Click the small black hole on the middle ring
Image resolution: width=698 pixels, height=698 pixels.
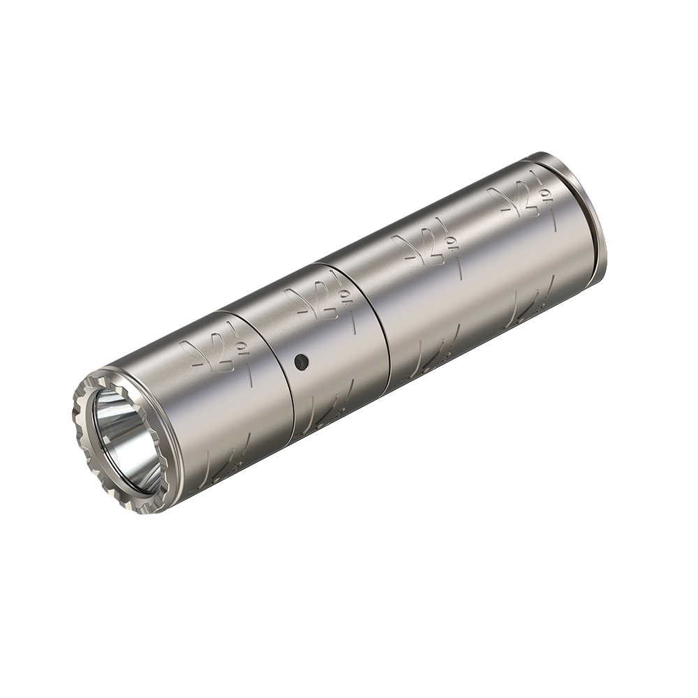(301, 362)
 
